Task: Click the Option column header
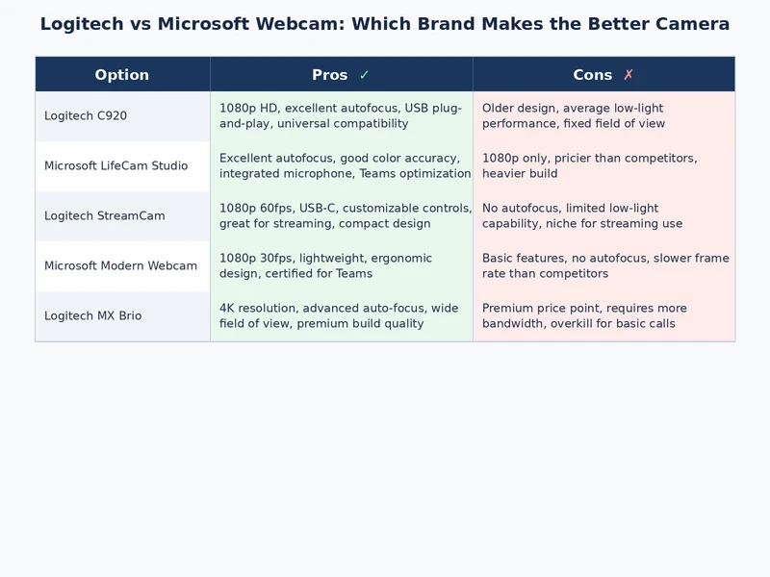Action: pos(122,75)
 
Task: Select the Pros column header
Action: pos(330,75)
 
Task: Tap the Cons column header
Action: pos(592,75)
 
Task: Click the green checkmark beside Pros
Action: pos(364,75)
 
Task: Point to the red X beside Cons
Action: pos(629,75)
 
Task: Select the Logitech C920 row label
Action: pos(86,116)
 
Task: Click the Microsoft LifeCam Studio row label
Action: pos(115,166)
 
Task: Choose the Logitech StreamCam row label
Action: pos(104,216)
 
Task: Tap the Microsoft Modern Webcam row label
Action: pos(120,266)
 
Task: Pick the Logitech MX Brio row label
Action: pos(92,316)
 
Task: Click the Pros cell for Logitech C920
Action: pos(341,116)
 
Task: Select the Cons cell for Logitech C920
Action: pos(603,116)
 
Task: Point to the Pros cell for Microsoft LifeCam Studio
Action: pos(341,166)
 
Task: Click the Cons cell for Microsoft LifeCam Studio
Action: pos(603,166)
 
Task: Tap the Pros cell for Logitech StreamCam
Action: pos(341,216)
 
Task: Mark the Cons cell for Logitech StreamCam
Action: pos(603,216)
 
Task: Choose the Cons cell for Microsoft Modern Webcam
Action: pos(603,266)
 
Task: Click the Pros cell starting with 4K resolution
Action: pos(341,316)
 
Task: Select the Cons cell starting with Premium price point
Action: pos(603,316)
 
